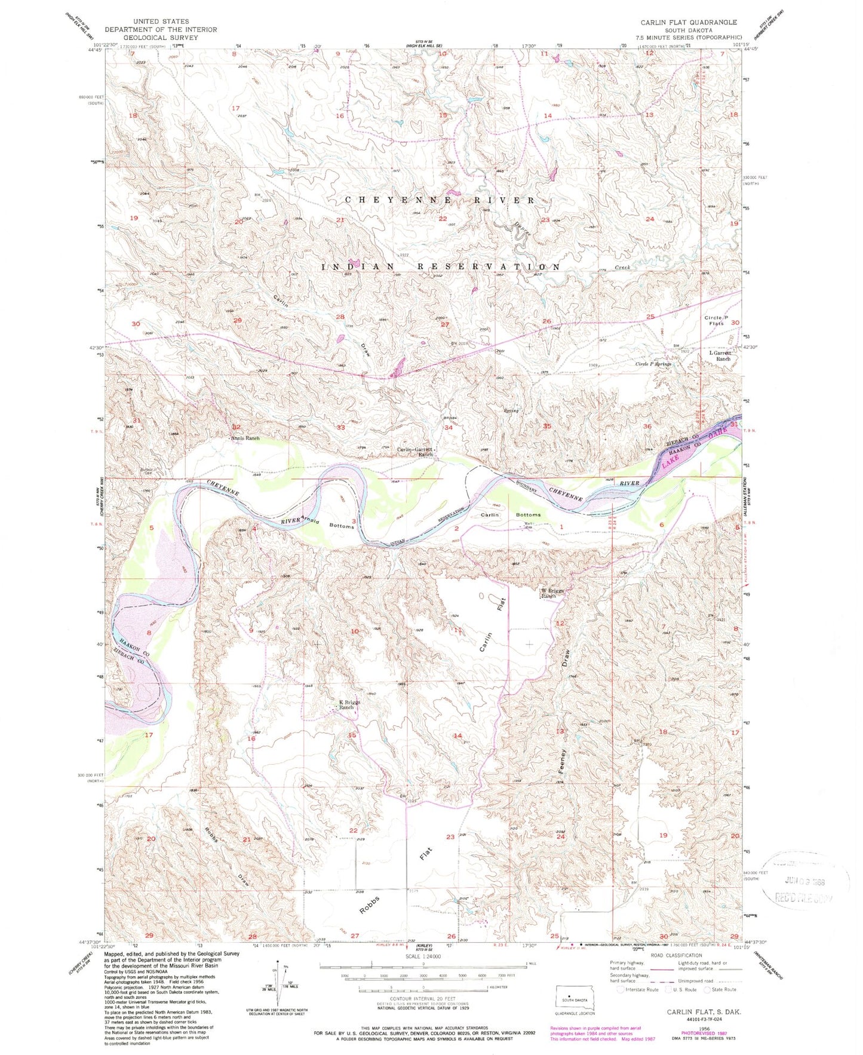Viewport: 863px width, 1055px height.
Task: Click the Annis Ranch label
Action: [245, 438]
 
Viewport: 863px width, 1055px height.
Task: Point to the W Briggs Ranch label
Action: [552, 593]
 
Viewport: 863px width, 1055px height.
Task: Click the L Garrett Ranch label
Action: [719, 355]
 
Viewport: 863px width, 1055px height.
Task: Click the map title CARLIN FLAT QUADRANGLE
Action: [689, 22]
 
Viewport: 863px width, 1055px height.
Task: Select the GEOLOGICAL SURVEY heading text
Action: [161, 36]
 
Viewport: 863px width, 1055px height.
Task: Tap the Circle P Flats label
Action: [716, 320]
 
